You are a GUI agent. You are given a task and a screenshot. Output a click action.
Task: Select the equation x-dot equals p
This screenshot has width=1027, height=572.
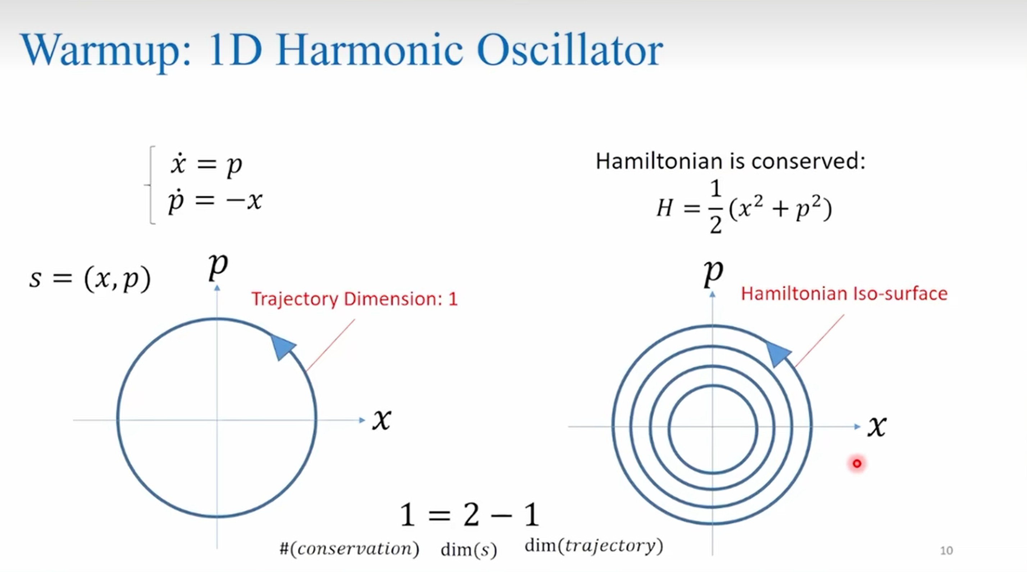point(206,164)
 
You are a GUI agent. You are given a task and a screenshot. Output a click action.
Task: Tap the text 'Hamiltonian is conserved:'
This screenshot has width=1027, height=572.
point(730,161)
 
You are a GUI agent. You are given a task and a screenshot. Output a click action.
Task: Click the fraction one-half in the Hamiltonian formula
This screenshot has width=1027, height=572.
point(715,206)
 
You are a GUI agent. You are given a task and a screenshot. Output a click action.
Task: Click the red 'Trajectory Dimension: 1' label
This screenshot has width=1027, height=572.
point(354,299)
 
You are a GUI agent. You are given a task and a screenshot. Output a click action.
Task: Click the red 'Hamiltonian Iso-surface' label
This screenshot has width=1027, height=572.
point(844,294)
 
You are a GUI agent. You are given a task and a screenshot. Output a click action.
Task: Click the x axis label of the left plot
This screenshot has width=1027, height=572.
point(382,419)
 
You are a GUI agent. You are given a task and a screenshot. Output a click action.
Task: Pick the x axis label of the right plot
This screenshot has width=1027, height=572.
point(877,426)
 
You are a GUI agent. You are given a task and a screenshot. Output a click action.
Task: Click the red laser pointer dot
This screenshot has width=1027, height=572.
point(857,463)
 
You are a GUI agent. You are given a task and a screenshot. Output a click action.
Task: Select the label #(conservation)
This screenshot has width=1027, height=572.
point(349,549)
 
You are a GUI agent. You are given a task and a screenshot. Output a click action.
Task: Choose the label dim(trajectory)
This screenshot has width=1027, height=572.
point(594,546)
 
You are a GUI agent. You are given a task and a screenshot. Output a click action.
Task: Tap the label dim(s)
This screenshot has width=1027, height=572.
point(469,550)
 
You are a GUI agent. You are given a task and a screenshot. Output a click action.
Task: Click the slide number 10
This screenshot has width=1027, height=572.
point(946,550)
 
